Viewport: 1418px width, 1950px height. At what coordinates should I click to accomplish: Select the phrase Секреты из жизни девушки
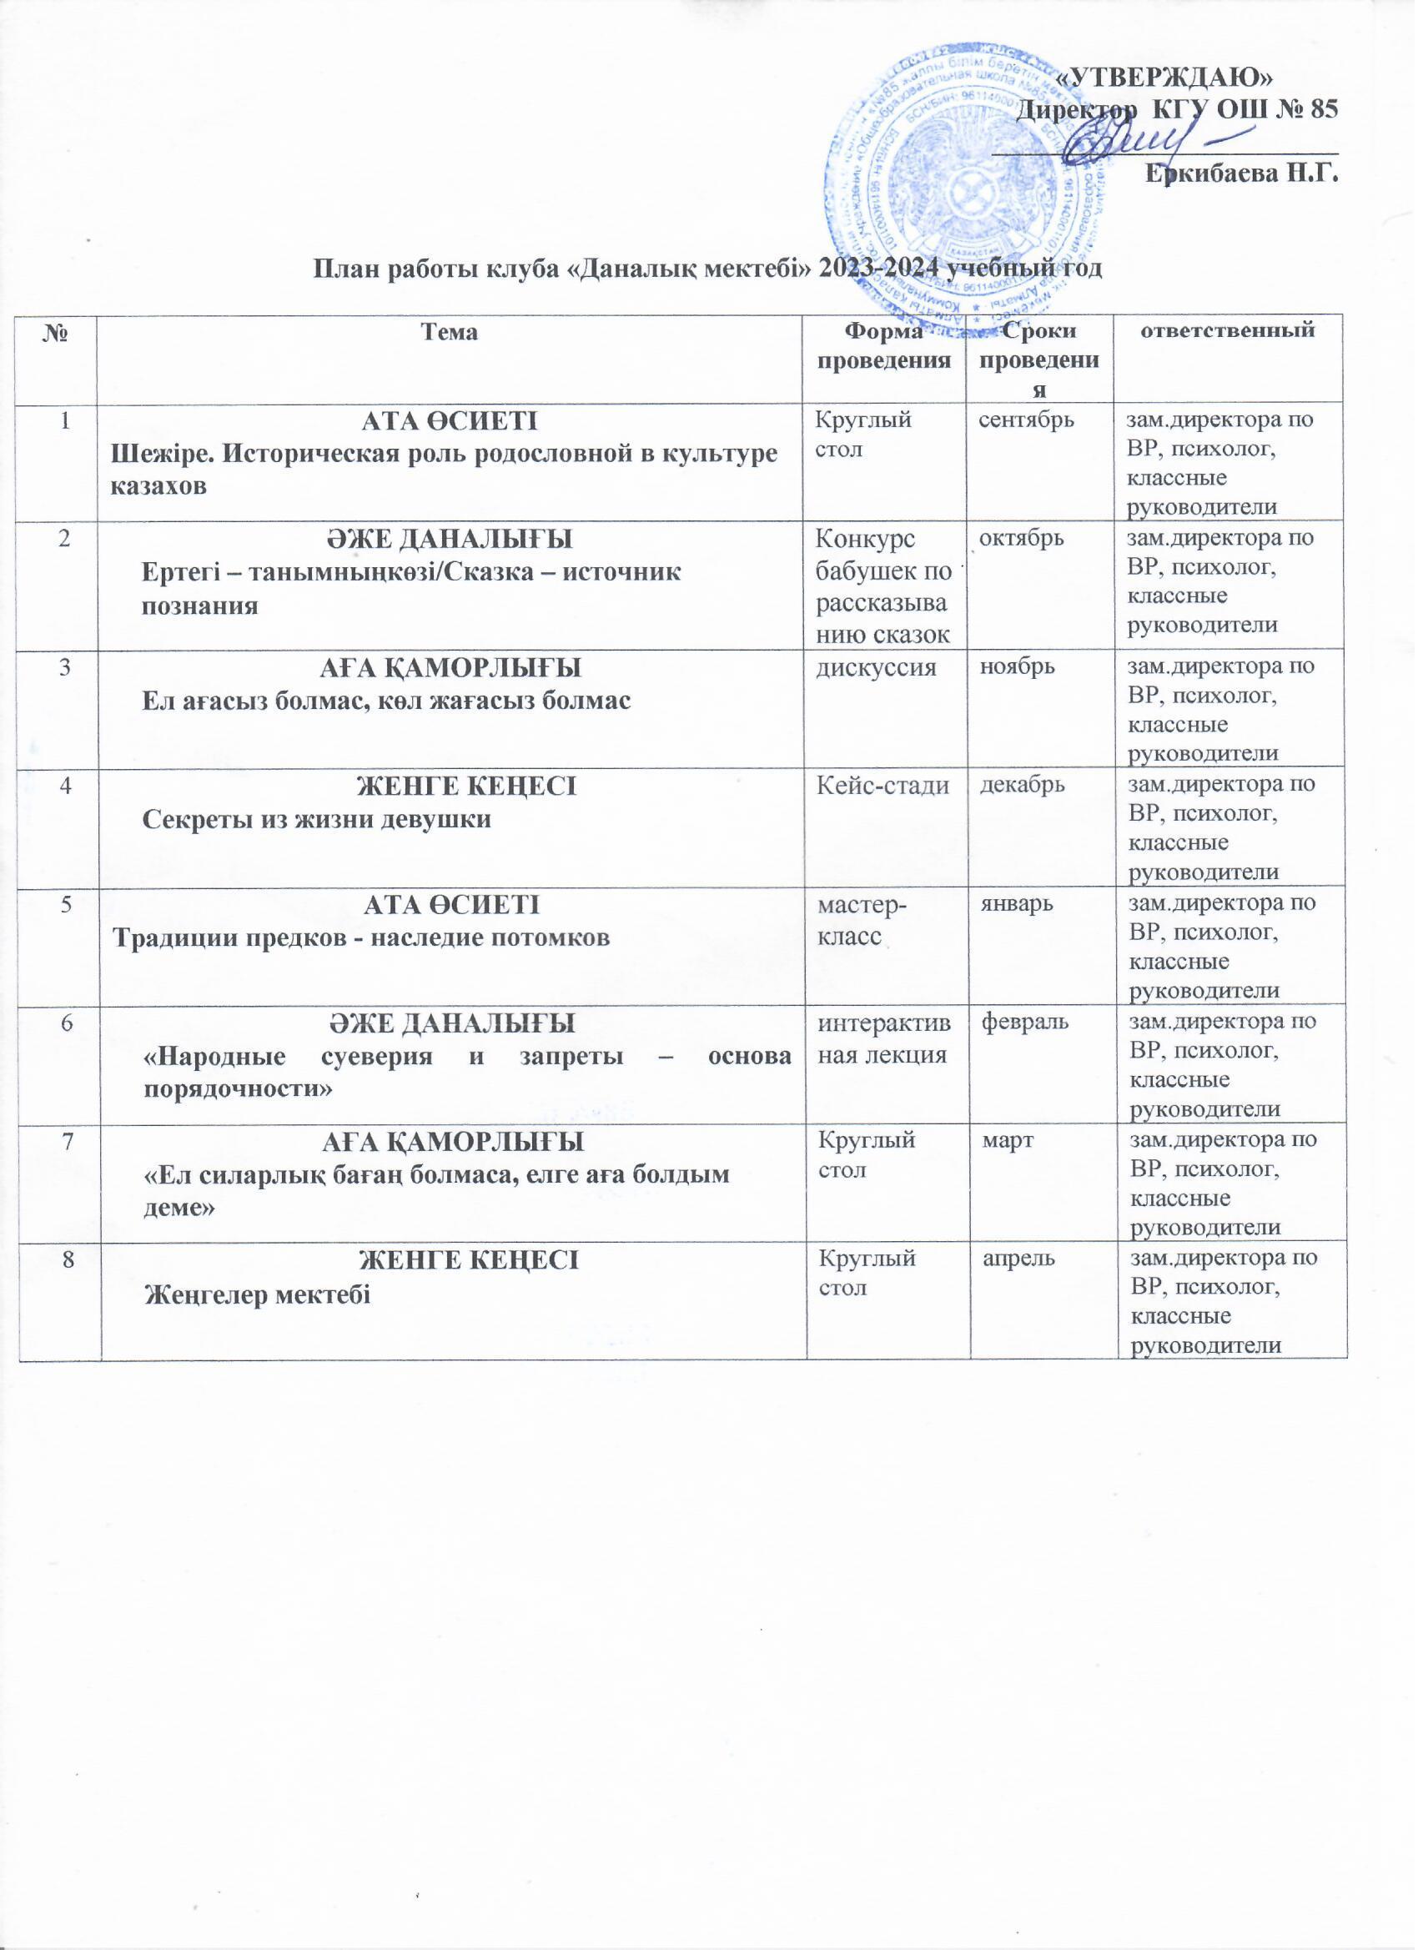coord(316,818)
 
